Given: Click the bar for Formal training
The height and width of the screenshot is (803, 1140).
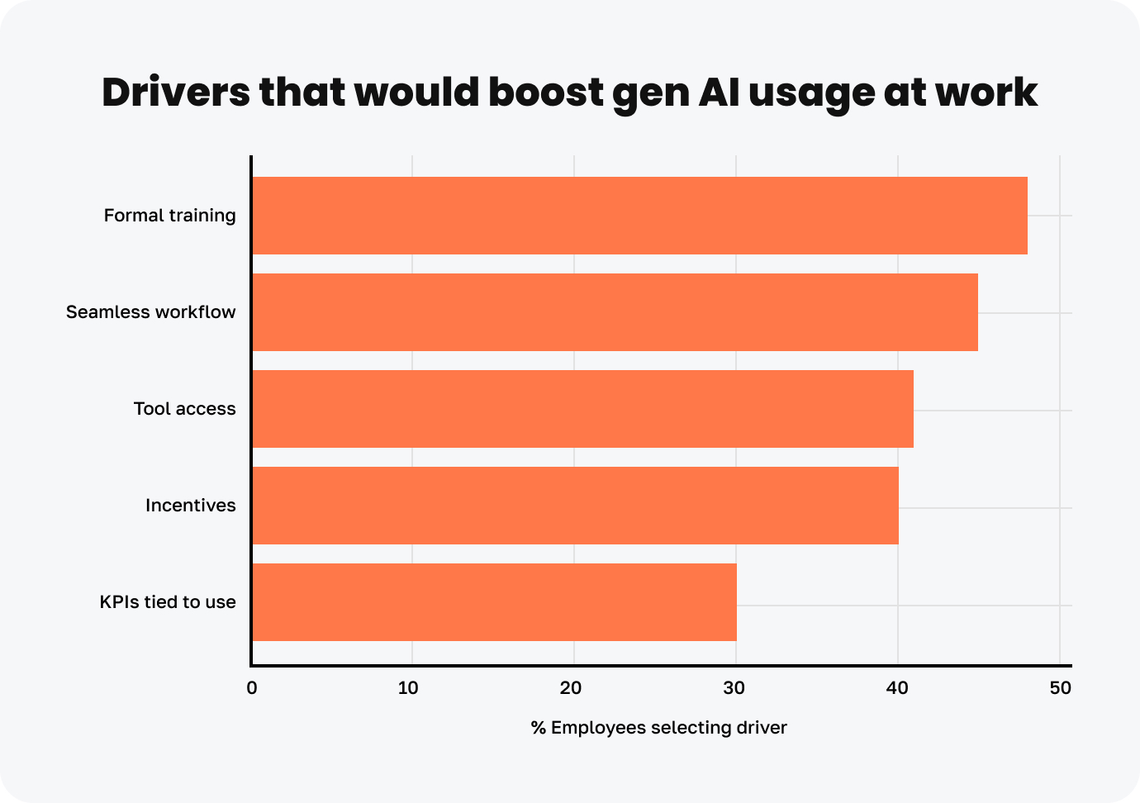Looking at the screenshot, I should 639,216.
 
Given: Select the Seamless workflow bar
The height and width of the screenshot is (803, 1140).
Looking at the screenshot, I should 615,312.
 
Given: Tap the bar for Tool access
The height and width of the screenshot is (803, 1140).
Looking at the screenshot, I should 582,409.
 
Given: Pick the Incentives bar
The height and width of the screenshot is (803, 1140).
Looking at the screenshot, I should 575,506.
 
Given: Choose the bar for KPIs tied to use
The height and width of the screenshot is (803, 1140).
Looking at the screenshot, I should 494,602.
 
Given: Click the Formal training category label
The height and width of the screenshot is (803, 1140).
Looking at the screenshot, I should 169,216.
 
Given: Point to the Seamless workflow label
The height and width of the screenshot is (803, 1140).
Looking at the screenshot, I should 150,312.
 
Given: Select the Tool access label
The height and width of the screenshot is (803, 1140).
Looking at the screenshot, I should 184,409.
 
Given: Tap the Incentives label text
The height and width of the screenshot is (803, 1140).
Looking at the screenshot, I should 190,506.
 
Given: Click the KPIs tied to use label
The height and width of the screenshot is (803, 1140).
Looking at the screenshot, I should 168,602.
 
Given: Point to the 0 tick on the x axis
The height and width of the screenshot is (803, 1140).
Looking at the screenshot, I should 252,688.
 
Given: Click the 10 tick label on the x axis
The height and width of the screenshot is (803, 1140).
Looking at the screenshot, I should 408,688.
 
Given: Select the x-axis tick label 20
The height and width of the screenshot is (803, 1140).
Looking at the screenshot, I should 571,688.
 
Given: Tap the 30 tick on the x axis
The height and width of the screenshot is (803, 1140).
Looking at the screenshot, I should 734,688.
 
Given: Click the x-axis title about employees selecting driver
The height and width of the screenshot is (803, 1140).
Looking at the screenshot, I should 658,728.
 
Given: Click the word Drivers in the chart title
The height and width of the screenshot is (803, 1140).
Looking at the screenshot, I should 175,93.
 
